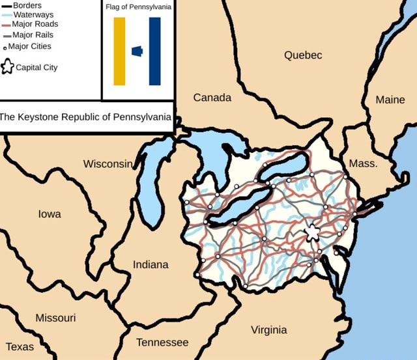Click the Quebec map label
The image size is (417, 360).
[303, 55]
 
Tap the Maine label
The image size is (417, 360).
[390, 100]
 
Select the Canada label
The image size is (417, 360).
[212, 98]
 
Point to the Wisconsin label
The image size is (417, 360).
[108, 163]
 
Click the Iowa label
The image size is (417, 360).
[50, 214]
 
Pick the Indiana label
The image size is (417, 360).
[151, 264]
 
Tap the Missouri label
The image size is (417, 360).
[55, 318]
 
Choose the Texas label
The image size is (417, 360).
[20, 346]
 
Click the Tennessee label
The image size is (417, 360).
[162, 342]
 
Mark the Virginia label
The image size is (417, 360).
[269, 329]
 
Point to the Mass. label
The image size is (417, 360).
[363, 163]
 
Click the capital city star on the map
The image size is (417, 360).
[313, 232]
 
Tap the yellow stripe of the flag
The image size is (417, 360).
[119, 51]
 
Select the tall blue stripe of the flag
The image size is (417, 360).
[154, 51]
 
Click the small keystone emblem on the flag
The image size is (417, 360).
[137, 51]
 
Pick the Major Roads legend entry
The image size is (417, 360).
[35, 25]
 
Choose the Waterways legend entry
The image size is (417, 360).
[33, 14]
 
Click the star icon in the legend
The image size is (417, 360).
[8, 67]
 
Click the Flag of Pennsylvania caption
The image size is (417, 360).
[138, 7]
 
